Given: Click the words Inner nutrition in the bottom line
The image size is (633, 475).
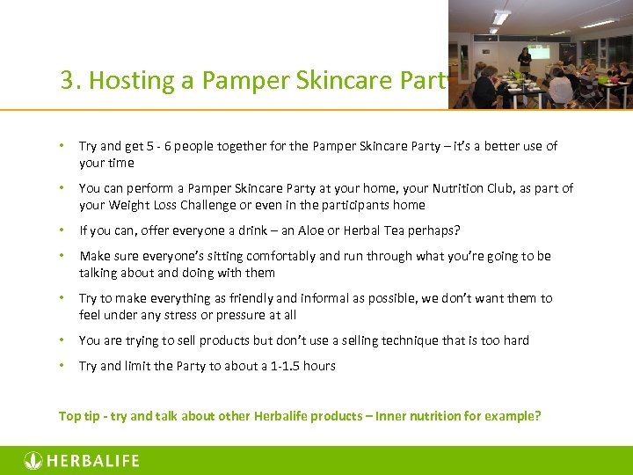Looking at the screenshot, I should click(x=415, y=416).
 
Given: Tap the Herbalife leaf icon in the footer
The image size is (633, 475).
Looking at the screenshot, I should click(x=33, y=461).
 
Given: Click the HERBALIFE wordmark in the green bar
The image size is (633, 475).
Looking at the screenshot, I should click(x=92, y=461).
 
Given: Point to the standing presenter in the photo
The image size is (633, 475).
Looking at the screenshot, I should click(x=524, y=61).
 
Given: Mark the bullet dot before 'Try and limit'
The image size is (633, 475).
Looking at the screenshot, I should click(x=62, y=366).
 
